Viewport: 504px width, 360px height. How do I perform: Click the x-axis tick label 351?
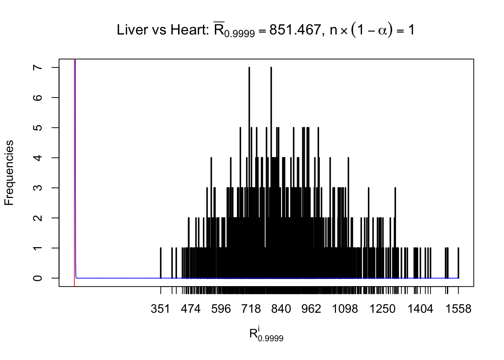[160, 309]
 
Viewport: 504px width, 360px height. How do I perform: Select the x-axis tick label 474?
[190, 309]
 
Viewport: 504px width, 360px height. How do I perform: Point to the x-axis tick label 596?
[221, 309]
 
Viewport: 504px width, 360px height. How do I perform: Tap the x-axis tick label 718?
[251, 309]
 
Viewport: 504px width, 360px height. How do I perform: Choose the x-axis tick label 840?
[281, 309]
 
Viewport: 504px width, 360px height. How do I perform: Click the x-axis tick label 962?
[311, 309]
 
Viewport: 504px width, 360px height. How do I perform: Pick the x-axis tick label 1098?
[345, 309]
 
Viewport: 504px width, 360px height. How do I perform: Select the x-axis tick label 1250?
[382, 309]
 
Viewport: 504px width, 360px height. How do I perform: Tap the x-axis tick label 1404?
[420, 309]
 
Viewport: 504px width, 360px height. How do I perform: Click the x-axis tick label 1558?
[458, 309]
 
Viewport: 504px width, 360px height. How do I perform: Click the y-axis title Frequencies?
[9, 173]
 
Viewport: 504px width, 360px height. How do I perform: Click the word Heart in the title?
[188, 30]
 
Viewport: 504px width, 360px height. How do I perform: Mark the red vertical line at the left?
[74, 169]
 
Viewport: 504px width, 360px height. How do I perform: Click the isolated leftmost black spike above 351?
[160, 262]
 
